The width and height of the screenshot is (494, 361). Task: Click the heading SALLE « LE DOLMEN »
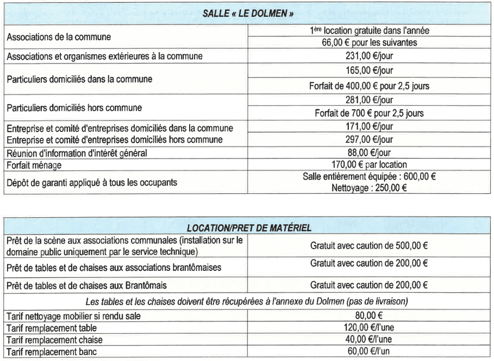coord(249,14)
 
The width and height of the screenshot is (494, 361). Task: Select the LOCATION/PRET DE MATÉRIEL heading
coord(249,228)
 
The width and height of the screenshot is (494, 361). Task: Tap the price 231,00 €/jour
coord(369,56)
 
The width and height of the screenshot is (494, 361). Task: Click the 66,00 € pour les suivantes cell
coord(369,42)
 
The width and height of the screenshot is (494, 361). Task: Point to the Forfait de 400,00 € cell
coord(369,86)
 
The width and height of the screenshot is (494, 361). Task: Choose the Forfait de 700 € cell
coord(369,113)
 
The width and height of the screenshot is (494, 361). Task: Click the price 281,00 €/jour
coord(369,100)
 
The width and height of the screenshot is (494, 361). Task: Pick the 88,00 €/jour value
coord(369,153)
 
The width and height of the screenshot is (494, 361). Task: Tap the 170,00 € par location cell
coord(369,164)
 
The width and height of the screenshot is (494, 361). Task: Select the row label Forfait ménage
coord(34,165)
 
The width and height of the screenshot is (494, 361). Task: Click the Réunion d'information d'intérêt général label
coord(77,153)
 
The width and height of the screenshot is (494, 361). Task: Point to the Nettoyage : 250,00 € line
coord(369,188)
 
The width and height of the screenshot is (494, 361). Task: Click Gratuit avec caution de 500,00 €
coord(369,245)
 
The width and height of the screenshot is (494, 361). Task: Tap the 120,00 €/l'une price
coord(369,328)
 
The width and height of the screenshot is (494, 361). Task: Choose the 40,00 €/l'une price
coord(369,340)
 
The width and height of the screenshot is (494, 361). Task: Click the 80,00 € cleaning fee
coord(369,316)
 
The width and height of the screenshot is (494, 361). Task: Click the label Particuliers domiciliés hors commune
coord(74,107)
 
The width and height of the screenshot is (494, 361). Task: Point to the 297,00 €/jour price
coord(369,140)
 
